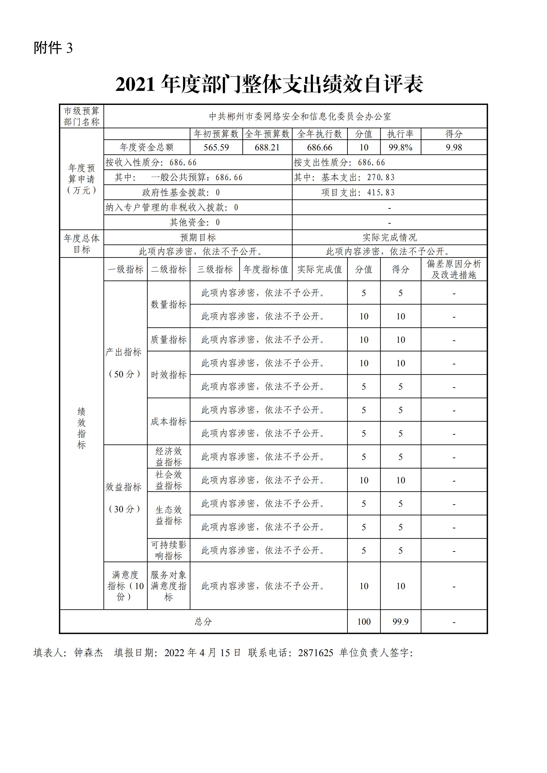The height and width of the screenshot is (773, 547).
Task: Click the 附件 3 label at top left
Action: [53, 48]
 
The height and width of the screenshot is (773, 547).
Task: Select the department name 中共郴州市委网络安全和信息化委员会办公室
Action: [300, 116]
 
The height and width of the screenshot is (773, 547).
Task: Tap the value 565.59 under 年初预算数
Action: [216, 147]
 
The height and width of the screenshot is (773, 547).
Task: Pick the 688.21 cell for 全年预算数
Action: [267, 147]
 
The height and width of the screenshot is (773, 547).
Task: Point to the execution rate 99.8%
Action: [400, 147]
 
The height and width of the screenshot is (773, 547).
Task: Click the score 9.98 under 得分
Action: [454, 147]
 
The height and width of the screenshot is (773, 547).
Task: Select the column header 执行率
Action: [400, 134]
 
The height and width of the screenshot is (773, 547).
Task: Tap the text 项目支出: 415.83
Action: [358, 193]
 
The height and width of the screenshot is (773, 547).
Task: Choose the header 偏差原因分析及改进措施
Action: [454, 269]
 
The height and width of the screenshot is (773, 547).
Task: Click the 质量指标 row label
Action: [168, 340]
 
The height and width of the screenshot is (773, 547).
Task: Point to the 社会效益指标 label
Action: [168, 480]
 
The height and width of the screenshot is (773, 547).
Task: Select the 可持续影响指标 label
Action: [168, 550]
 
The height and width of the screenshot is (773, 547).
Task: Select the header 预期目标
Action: [198, 237]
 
